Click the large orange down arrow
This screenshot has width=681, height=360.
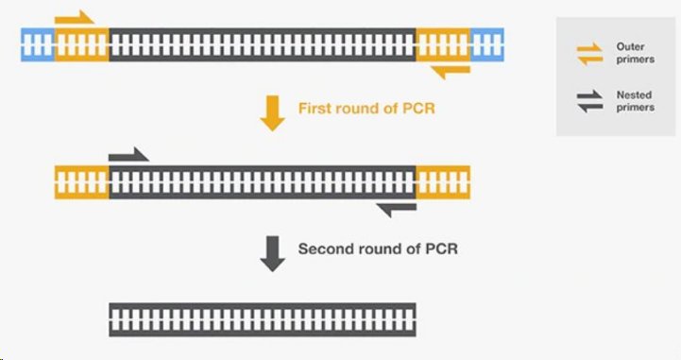click(x=272, y=111)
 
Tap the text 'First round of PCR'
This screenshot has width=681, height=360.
click(x=366, y=109)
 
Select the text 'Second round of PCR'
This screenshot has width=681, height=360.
click(x=379, y=249)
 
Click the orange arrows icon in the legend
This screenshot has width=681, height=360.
click(x=590, y=54)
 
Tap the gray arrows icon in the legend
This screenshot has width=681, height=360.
click(x=590, y=102)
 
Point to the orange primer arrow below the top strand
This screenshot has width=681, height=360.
click(x=450, y=70)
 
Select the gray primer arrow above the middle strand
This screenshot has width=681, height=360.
click(x=128, y=154)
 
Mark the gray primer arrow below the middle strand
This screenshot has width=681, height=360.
click(x=396, y=208)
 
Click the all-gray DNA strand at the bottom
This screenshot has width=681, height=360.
click(x=263, y=319)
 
